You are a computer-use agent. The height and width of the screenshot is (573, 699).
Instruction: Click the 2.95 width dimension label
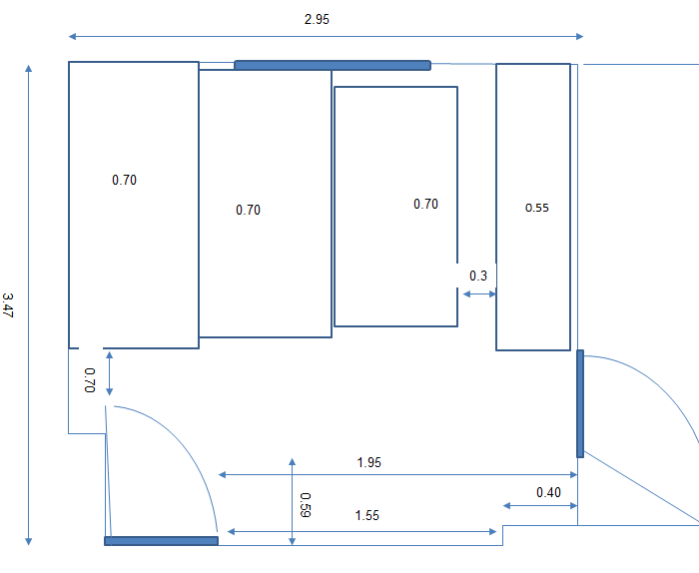click(317, 19)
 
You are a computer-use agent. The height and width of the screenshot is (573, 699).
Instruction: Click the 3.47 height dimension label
click(8, 305)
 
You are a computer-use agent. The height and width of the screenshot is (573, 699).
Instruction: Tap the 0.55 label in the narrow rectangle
click(537, 208)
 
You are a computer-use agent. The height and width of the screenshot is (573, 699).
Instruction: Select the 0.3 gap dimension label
click(478, 276)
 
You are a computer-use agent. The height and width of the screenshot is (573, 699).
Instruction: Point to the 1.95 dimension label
click(369, 462)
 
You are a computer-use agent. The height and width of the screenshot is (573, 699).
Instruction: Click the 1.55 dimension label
click(366, 515)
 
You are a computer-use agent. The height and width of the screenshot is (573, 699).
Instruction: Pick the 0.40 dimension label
click(548, 492)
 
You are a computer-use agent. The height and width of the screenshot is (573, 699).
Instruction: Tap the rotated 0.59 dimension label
click(306, 505)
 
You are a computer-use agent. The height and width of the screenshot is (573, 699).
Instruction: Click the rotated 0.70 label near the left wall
click(90, 380)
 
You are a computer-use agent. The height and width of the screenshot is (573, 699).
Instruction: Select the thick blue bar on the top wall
click(333, 66)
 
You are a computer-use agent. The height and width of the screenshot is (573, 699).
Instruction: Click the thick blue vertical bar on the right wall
click(580, 403)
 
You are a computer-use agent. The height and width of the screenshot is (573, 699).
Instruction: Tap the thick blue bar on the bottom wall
click(162, 541)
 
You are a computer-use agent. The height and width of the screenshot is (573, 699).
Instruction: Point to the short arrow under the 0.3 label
click(479, 294)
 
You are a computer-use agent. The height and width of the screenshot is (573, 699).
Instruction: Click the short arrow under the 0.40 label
click(540, 506)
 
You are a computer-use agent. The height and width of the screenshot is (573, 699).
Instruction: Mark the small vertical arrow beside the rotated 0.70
click(109, 373)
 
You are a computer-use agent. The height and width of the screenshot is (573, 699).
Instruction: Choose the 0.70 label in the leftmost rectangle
click(124, 180)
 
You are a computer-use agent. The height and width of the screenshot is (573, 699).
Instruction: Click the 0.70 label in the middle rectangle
click(248, 210)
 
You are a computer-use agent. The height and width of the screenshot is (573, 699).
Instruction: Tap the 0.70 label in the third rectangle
click(425, 204)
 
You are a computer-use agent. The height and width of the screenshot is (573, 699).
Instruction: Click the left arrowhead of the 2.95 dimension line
click(72, 37)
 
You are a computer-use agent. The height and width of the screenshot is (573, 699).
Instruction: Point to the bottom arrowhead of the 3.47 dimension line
click(29, 542)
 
